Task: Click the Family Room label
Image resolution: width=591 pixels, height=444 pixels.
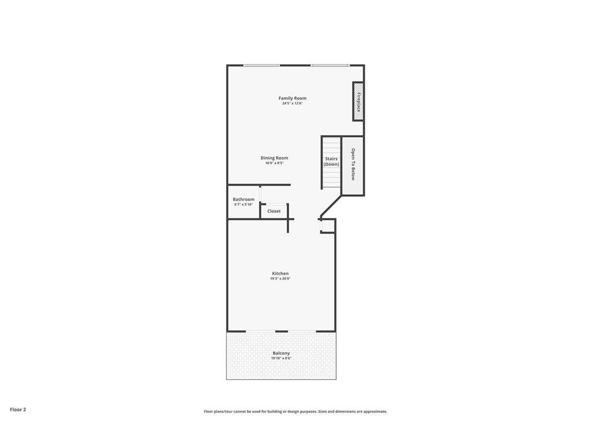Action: (x=293, y=98)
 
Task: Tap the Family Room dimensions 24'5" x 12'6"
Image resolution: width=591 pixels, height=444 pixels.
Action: (x=293, y=103)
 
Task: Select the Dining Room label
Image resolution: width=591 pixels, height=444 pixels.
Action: (x=274, y=158)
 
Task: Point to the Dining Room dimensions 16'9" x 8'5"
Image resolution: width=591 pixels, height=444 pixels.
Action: (x=274, y=163)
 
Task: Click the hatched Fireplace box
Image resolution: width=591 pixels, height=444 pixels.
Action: (x=358, y=102)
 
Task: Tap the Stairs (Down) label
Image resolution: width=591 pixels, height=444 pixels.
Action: (x=331, y=162)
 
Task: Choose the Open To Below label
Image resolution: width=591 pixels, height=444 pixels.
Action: (x=353, y=164)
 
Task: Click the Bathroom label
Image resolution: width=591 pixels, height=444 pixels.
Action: (x=244, y=199)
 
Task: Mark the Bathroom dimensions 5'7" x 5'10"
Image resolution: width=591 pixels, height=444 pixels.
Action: (x=244, y=205)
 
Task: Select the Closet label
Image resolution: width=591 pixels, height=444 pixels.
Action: (x=274, y=211)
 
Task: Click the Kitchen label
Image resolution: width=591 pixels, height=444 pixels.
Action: (x=280, y=273)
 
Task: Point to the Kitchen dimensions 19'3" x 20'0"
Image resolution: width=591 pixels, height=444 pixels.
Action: (x=280, y=279)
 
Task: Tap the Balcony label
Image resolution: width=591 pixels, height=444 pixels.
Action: (x=281, y=353)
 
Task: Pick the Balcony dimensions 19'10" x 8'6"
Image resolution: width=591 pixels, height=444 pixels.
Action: (x=281, y=358)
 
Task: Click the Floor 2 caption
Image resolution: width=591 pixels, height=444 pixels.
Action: (x=18, y=409)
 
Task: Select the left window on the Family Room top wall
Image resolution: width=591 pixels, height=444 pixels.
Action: (x=261, y=66)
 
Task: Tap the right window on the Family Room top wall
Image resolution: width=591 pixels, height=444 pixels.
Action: (x=330, y=66)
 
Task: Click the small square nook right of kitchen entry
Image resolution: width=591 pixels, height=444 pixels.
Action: (x=327, y=226)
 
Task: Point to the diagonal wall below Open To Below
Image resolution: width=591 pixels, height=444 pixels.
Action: (x=331, y=206)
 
